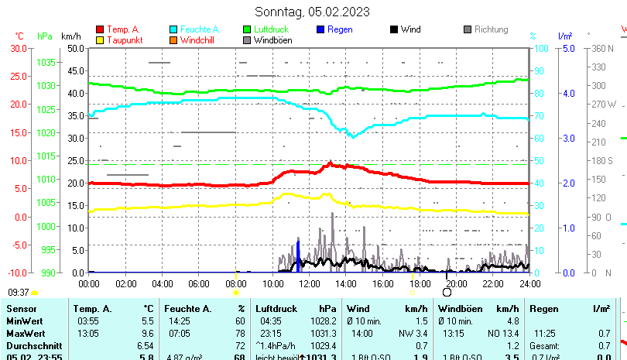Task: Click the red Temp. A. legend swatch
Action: click(100, 30)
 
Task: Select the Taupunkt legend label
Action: click(124, 40)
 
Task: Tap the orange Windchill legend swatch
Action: click(173, 40)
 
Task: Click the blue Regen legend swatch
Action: click(320, 30)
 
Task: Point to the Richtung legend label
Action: click(491, 29)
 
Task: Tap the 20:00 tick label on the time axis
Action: click(456, 284)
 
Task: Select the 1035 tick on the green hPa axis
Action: click(46, 62)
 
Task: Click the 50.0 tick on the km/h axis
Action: click(76, 48)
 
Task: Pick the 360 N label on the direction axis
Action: click(602, 48)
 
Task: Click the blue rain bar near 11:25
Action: click(298, 256)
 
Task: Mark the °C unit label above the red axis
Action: click(19, 36)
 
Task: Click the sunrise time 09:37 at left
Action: click(18, 293)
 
